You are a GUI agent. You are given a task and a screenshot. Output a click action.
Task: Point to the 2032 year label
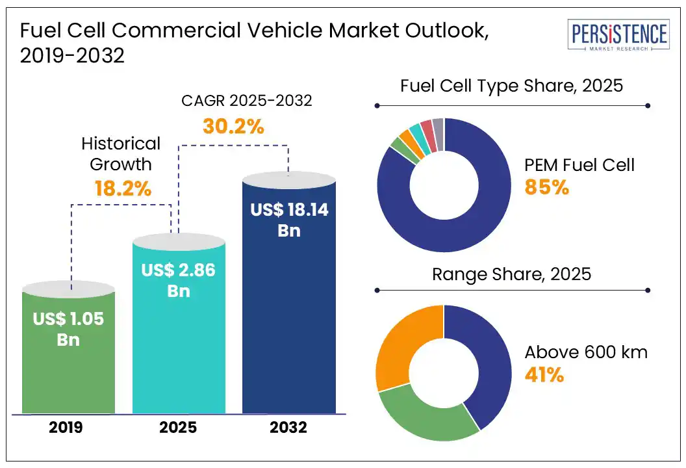point(288,428)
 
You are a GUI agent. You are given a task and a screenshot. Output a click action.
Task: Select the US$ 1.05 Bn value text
point(69,330)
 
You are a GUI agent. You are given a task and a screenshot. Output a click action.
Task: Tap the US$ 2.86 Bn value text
point(179,279)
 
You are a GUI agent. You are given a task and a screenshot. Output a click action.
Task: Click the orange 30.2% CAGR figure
point(233,126)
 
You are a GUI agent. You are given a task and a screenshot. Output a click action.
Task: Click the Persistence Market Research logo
point(618,36)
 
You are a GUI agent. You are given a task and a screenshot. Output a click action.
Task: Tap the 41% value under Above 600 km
point(544,375)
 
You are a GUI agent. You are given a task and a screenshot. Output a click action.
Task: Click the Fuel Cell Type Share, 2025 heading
point(511,86)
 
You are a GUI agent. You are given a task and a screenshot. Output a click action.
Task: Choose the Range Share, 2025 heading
point(511,274)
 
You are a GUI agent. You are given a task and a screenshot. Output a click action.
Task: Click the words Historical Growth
point(121,153)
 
